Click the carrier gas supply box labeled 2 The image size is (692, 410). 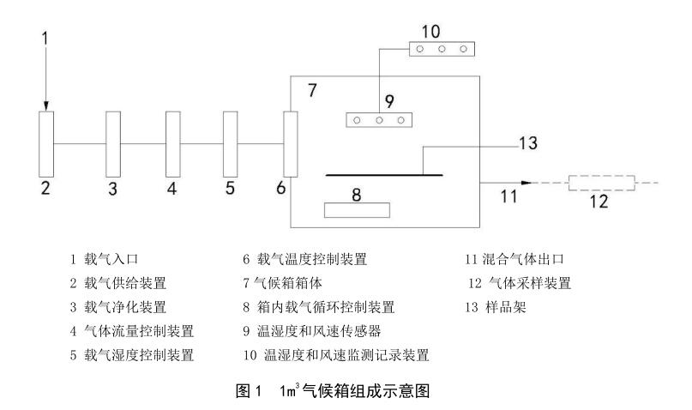(x=46, y=144)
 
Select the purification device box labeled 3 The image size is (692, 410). (x=113, y=144)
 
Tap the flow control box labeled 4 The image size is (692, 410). (x=172, y=144)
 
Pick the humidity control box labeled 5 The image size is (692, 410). (x=230, y=144)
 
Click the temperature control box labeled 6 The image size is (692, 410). (x=291, y=144)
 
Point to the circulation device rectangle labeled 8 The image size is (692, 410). (x=356, y=209)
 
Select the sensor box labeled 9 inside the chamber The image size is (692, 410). (x=378, y=120)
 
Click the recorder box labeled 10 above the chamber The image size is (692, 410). (x=440, y=49)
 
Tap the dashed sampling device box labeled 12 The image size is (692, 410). (x=599, y=183)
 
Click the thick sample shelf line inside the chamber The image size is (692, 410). (x=384, y=175)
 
